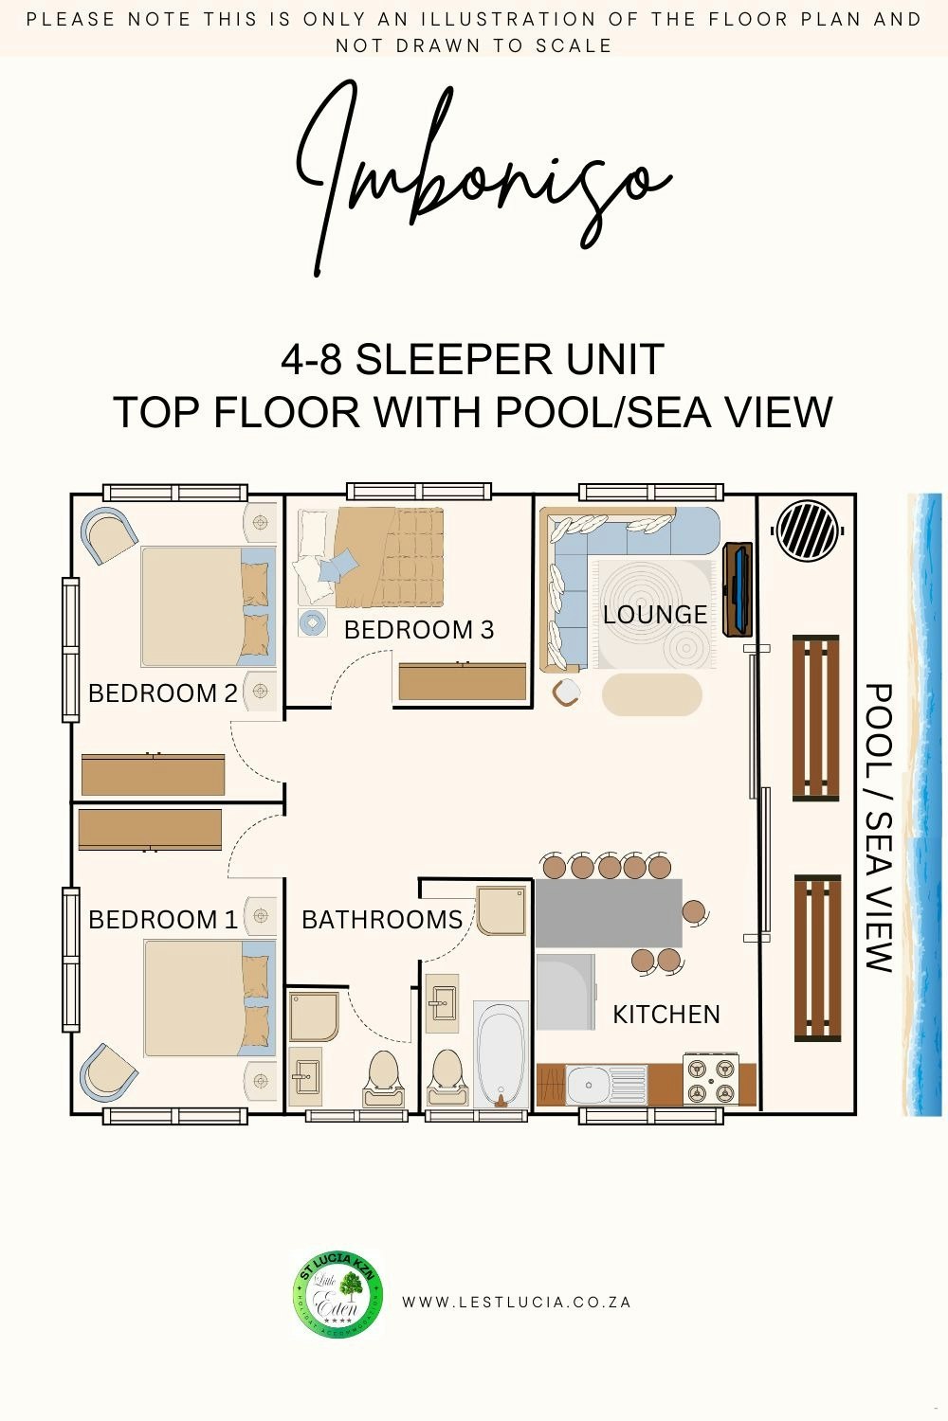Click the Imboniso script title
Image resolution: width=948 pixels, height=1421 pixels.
483,179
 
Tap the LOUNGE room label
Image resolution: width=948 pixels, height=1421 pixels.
655,615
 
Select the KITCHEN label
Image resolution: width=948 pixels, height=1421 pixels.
666,1015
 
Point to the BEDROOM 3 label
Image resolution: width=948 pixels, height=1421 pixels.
419,630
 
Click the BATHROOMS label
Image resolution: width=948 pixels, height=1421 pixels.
382,920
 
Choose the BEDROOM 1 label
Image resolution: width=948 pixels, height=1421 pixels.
162,920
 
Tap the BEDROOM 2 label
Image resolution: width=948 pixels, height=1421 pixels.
162,693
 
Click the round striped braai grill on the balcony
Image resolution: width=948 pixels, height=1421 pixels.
808,531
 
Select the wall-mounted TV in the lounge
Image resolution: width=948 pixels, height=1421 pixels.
738,589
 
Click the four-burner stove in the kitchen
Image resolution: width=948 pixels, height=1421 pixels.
711,1079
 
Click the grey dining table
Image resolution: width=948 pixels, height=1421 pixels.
609,913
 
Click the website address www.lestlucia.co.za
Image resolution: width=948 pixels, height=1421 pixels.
517,1303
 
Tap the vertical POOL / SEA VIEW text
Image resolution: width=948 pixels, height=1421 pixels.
880,828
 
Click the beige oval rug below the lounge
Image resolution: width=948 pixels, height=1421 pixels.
652,694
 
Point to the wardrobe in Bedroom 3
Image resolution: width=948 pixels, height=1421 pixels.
463,682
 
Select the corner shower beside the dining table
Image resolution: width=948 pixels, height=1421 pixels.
501,911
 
